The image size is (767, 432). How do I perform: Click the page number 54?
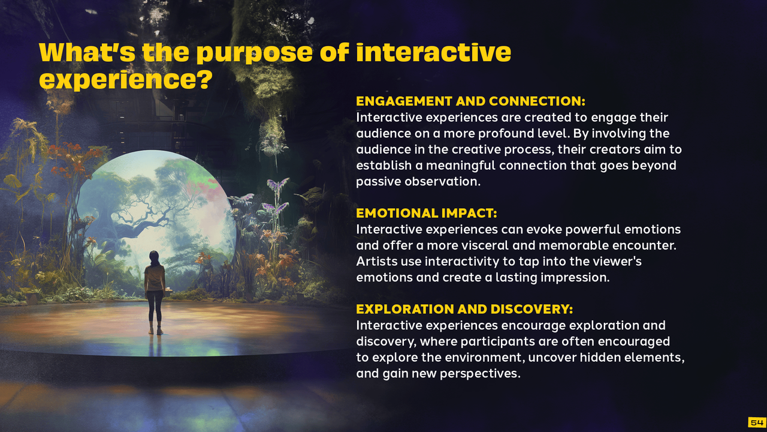pyautogui.click(x=757, y=422)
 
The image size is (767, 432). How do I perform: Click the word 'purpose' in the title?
pyautogui.click(x=255, y=53)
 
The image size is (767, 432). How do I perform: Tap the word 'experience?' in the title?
pyautogui.click(x=126, y=80)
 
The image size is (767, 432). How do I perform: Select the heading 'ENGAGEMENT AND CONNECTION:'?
pyautogui.click(x=470, y=101)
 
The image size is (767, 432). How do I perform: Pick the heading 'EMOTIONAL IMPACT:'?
pyautogui.click(x=426, y=213)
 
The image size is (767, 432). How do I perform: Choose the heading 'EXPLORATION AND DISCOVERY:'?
pyautogui.click(x=464, y=309)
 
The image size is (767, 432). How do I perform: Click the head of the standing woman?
pyautogui.click(x=154, y=257)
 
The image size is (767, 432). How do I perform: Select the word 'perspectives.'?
pyautogui.click(x=480, y=374)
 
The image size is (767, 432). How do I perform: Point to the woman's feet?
pyautogui.click(x=155, y=331)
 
